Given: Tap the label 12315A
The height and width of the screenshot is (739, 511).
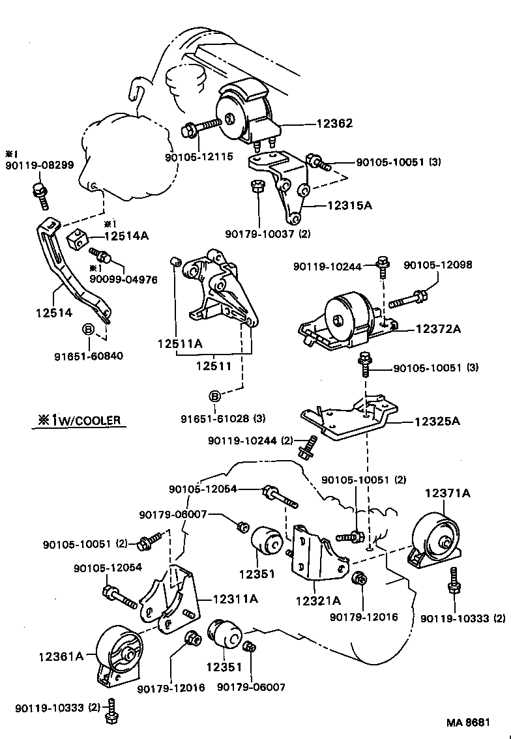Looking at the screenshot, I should click(x=349, y=205).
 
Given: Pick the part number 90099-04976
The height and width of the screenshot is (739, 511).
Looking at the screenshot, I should click(x=123, y=280).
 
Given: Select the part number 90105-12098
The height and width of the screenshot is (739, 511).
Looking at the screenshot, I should click(x=437, y=265).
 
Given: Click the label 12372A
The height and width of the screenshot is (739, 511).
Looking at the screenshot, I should click(x=437, y=329).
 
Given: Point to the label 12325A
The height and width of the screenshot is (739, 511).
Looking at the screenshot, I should click(x=437, y=421).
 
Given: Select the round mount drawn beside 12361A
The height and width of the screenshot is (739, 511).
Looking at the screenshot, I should click(x=120, y=654).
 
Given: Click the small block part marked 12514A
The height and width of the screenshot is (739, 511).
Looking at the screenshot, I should click(x=76, y=239).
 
